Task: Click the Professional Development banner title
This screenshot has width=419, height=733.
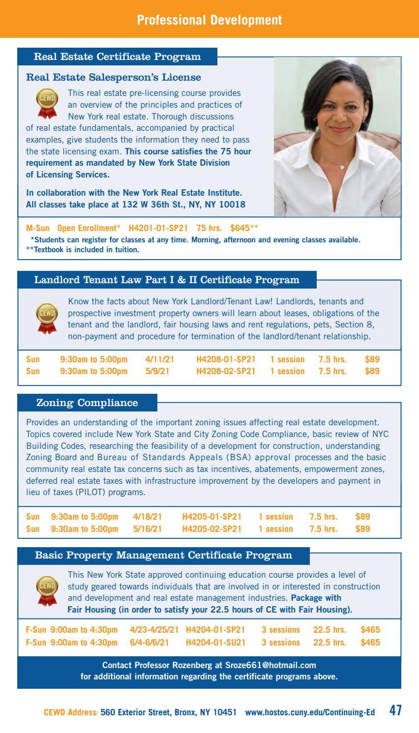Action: (x=209, y=20)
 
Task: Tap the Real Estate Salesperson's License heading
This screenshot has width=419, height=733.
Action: (x=113, y=77)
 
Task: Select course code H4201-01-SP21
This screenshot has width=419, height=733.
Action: (x=158, y=228)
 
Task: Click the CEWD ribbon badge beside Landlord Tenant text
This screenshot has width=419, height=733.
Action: (x=47, y=318)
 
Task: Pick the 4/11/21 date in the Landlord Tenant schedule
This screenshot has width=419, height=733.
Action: (x=159, y=359)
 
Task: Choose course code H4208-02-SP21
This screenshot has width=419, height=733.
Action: (x=226, y=371)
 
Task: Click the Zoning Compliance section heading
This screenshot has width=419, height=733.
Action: (x=87, y=403)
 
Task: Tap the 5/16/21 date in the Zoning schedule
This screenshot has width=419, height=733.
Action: (x=147, y=529)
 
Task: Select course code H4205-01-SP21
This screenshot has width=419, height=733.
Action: (x=211, y=517)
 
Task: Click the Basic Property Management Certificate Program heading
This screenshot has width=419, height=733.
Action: (x=163, y=556)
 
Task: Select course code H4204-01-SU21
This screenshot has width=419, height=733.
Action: (x=215, y=643)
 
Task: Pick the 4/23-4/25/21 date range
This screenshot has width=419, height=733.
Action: (x=154, y=630)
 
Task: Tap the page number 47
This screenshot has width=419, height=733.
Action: (x=395, y=710)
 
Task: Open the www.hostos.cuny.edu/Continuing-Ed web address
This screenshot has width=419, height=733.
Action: (x=310, y=712)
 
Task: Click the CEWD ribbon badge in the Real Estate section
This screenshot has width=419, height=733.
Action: (x=47, y=102)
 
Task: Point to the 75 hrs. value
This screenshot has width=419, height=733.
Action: (x=209, y=228)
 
